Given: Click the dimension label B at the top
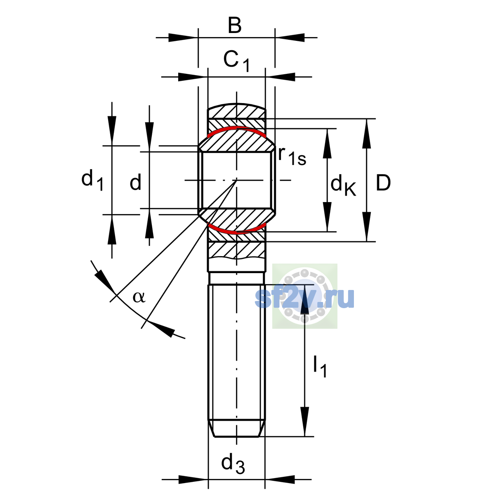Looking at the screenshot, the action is point(235,26).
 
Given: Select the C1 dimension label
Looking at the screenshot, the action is point(236,61).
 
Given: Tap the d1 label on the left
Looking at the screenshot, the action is point(92,181).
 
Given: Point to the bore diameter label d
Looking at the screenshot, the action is point(135,182).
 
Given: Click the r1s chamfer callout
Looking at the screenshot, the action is point(292,156).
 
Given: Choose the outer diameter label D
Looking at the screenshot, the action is point(383,183).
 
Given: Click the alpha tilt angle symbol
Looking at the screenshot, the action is point(139,297).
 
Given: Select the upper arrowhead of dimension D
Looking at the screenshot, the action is point(367,134).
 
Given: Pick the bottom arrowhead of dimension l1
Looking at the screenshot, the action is point(305,422).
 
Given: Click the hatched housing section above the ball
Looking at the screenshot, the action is point(237,111).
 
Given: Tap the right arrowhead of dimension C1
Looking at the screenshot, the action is point(280,77).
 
